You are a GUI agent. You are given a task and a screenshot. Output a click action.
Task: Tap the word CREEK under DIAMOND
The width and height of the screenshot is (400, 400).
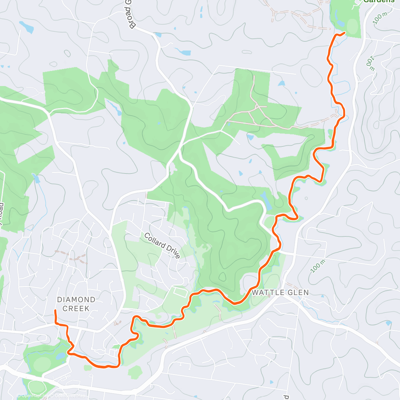pyautogui.click(x=76, y=309)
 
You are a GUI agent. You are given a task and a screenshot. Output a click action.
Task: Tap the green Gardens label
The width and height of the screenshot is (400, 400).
pyautogui.click(x=379, y=1)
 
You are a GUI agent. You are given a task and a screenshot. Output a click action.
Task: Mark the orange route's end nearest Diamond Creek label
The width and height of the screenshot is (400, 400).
pyautogui.click(x=55, y=311)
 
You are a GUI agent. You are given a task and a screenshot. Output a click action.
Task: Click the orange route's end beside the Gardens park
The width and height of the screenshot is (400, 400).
pyautogui.click(x=344, y=32)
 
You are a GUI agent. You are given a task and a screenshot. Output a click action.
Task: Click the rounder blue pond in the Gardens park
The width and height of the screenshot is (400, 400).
pyautogui.click(x=340, y=23)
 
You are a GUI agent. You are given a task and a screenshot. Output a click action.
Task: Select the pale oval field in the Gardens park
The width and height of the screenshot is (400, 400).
pyautogui.click(x=353, y=26)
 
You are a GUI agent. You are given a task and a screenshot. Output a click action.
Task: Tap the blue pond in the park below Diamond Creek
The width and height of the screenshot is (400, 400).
pyautogui.click(x=61, y=356)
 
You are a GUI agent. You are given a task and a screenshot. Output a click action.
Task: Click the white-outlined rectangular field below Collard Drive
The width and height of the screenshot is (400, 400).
pyautogui.click(x=180, y=293)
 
